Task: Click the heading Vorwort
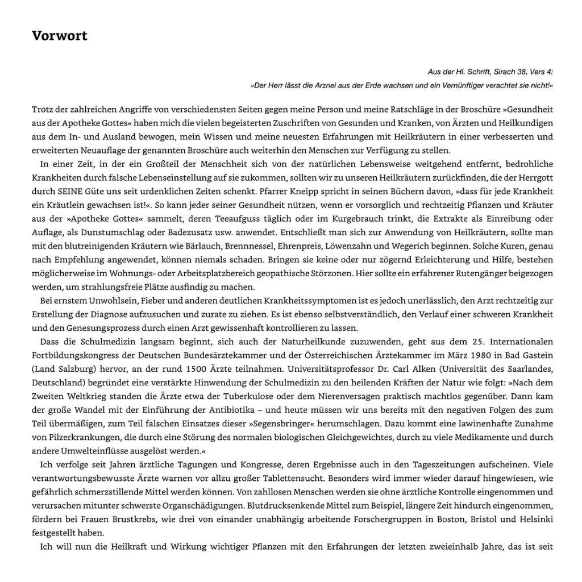click(60, 36)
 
